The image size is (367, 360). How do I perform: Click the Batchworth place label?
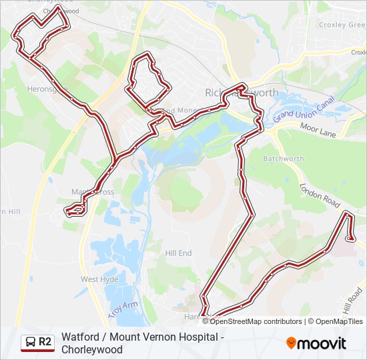click(x=284, y=159)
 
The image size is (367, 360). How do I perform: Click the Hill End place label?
click(x=178, y=253)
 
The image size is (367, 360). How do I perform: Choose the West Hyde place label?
click(x=99, y=279)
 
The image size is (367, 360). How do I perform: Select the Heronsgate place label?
click(x=43, y=88)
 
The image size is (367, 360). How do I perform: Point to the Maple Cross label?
click(x=93, y=192)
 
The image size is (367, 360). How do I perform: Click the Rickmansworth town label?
click(x=241, y=93)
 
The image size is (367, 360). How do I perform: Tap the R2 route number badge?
click(x=45, y=343)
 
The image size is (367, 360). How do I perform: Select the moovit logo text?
click(x=322, y=344)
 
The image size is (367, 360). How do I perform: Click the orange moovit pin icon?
click(x=292, y=343)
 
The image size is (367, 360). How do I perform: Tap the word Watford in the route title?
click(x=80, y=337)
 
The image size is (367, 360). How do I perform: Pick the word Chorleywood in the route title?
click(x=92, y=349)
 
